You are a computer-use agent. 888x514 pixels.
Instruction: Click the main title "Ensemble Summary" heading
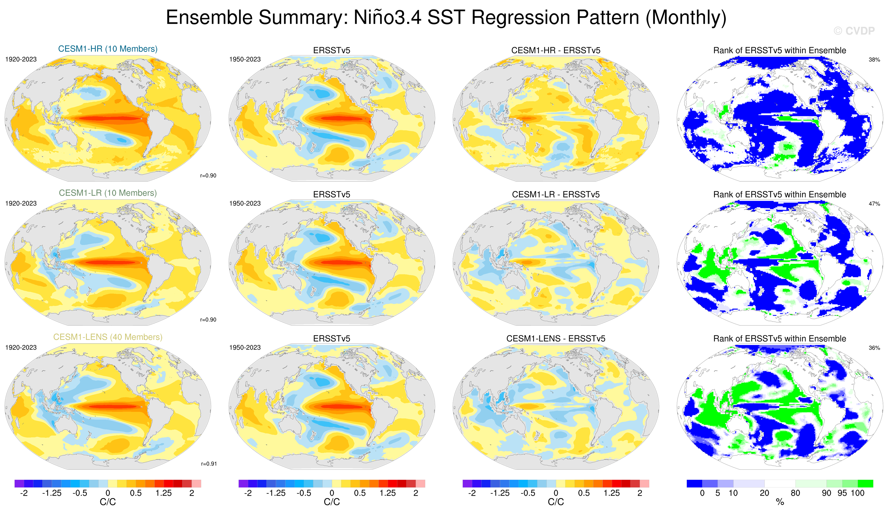coord(446,18)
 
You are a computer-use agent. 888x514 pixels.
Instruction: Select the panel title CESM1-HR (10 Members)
coord(108,49)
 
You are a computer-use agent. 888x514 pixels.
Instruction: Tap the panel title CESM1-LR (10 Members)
coord(108,193)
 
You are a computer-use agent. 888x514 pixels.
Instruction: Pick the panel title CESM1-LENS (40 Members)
coord(108,337)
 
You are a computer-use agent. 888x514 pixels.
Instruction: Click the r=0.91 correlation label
coord(209,464)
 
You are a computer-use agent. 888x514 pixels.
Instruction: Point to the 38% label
coord(874,59)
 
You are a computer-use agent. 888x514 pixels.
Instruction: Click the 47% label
coord(874,204)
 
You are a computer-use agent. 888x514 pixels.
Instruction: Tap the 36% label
coord(874,348)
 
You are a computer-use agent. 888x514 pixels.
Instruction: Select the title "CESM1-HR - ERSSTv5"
coord(556,50)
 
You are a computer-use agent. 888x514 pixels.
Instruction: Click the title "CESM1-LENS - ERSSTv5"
coord(556,339)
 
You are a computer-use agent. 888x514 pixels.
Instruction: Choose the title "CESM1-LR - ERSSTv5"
coord(556,194)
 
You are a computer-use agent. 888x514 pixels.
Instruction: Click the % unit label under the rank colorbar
coord(780,502)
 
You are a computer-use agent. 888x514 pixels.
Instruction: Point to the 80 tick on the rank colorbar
coord(795,493)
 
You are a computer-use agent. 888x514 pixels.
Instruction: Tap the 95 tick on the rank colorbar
coord(842,493)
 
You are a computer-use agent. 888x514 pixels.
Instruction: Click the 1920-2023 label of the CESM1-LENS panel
coord(21,347)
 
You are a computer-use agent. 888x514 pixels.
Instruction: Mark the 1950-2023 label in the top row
coord(245,59)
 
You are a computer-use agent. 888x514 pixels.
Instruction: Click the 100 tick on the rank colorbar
coord(858,493)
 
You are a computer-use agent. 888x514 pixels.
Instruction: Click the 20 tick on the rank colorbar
coord(764,493)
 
